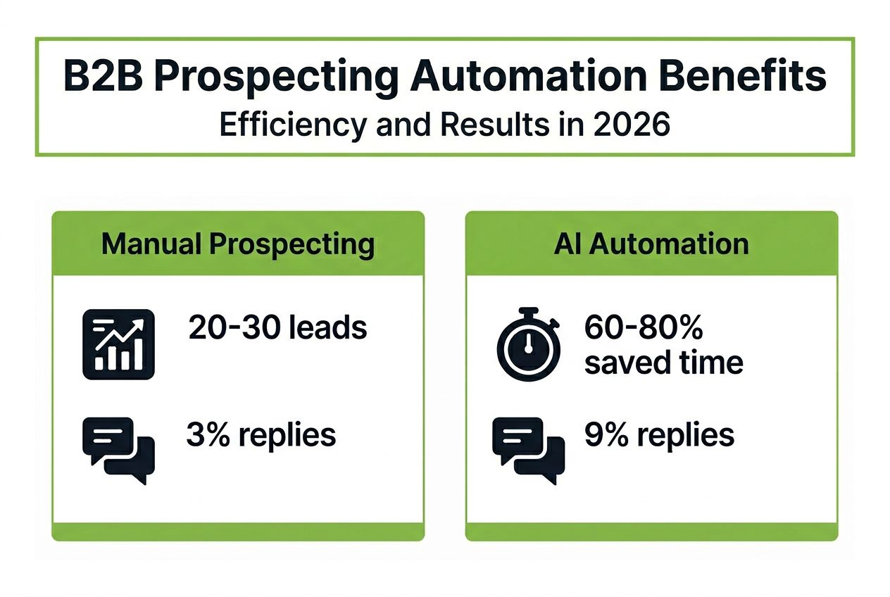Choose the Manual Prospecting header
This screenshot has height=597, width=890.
[x=238, y=244]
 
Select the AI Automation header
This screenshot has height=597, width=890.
[x=651, y=244]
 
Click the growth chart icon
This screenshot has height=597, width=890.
[x=119, y=344]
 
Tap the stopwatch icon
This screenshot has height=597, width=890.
[x=529, y=344]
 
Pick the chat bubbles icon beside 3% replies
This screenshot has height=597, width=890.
[x=118, y=449]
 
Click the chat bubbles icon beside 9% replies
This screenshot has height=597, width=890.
[x=529, y=449]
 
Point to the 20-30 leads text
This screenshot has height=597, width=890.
[x=277, y=328]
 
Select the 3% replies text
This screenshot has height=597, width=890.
[x=261, y=435]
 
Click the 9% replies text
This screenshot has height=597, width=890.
[x=659, y=435]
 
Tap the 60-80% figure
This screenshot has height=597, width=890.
[x=644, y=328]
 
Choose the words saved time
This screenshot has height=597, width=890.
[x=663, y=363]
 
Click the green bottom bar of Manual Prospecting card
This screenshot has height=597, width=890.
[x=238, y=532]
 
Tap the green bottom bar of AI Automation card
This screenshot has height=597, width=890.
[x=651, y=532]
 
